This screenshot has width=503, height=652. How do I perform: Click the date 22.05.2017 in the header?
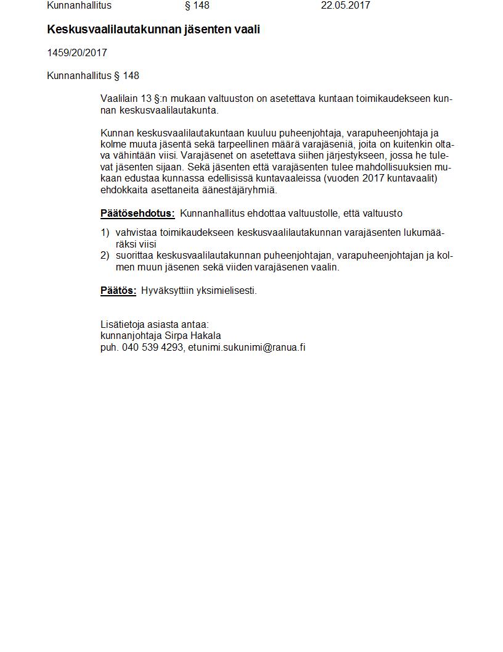click(x=345, y=6)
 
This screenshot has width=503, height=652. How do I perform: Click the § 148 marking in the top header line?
click(x=197, y=6)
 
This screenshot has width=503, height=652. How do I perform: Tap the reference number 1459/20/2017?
click(x=77, y=53)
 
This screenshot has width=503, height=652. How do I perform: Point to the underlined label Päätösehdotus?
click(x=137, y=214)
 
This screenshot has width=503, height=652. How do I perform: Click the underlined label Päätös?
click(x=118, y=291)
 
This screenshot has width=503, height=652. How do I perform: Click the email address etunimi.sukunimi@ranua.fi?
click(x=247, y=347)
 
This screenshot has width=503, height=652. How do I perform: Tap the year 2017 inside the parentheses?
click(x=372, y=178)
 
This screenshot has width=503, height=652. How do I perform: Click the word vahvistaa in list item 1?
click(x=136, y=233)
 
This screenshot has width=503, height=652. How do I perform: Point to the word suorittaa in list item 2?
click(x=134, y=256)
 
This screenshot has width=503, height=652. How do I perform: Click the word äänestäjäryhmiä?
click(x=237, y=190)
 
